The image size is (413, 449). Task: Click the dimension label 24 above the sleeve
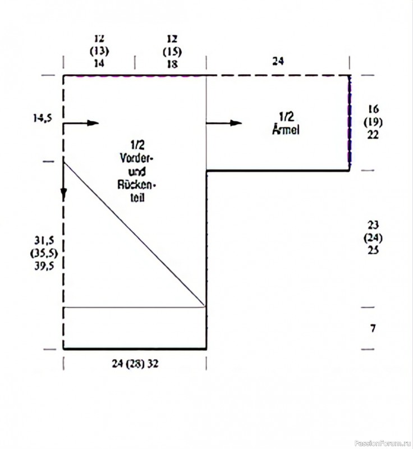click(x=278, y=61)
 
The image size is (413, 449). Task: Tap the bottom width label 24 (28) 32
click(x=135, y=364)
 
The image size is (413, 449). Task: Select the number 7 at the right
click(x=373, y=328)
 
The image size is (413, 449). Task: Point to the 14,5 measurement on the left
click(x=43, y=118)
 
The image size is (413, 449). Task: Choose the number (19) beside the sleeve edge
click(x=373, y=122)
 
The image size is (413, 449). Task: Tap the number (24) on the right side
click(x=373, y=237)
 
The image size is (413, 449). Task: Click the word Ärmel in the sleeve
click(x=286, y=130)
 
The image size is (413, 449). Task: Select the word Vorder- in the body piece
click(x=136, y=158)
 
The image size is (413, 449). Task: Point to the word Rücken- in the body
click(x=136, y=185)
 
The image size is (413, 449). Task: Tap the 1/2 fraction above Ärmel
click(x=286, y=117)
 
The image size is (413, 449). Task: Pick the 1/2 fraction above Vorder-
click(x=137, y=145)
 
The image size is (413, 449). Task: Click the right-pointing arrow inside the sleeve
click(x=224, y=123)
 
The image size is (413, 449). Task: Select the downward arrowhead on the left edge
click(x=63, y=194)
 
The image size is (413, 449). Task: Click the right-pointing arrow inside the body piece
click(x=81, y=123)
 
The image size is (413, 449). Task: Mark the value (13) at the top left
click(x=99, y=51)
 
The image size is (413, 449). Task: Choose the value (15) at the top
click(x=172, y=52)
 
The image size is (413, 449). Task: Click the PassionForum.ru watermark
click(x=383, y=443)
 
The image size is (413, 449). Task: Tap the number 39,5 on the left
click(x=44, y=266)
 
